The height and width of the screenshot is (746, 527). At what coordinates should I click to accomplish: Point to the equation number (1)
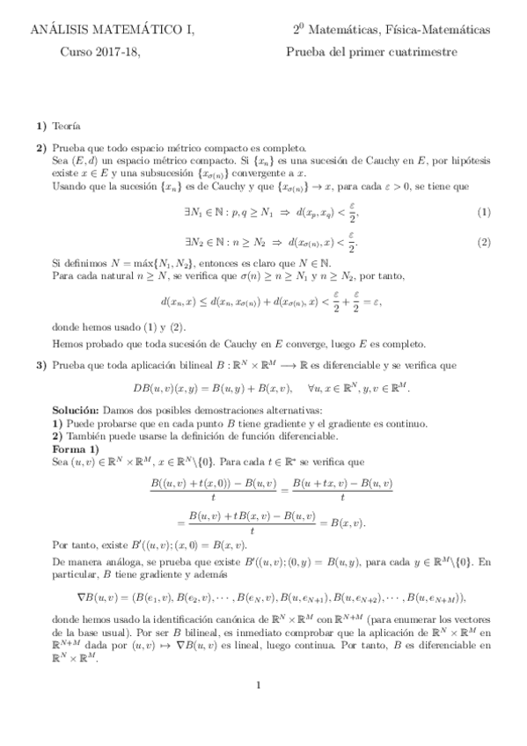(x=483, y=213)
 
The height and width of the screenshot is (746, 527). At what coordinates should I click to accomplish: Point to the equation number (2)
(x=483, y=242)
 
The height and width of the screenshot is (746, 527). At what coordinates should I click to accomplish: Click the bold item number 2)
(x=41, y=148)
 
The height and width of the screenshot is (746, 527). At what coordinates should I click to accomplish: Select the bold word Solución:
(x=76, y=411)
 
